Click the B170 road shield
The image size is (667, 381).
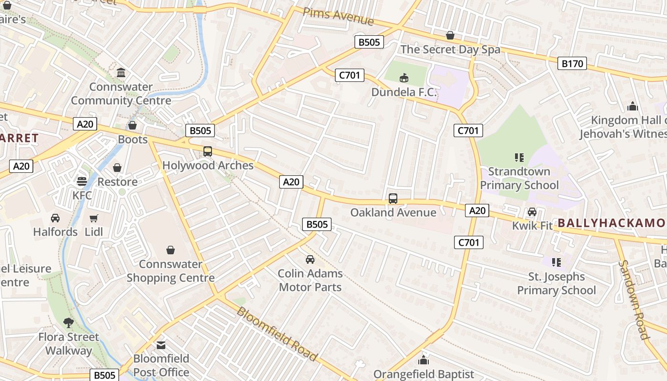(572, 63)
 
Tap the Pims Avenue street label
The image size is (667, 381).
(338, 16)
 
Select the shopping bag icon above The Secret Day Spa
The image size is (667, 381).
(450, 35)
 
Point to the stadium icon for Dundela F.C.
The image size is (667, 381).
(404, 77)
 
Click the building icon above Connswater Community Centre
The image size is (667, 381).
(121, 73)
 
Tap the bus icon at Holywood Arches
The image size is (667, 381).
(208, 151)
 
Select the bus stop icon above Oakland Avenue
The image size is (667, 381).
(393, 199)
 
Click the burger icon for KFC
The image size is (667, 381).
(82, 181)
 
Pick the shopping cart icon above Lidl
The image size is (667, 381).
(94, 218)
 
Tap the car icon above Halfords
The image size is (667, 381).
(55, 218)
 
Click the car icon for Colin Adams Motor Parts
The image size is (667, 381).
(310, 260)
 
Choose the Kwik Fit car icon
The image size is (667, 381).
(532, 212)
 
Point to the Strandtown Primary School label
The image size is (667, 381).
(519, 178)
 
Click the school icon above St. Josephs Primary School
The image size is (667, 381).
(556, 262)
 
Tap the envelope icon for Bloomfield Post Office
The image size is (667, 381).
(161, 345)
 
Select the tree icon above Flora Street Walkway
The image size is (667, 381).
(69, 323)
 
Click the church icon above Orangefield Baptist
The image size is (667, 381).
(424, 360)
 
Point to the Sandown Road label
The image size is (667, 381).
(634, 300)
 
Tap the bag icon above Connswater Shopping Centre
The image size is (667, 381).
(171, 250)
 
